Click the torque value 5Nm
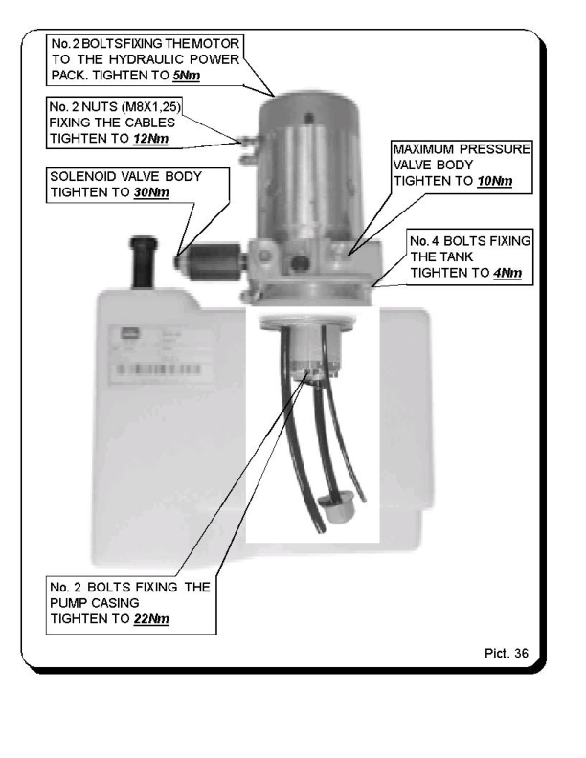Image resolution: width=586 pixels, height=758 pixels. tap(186, 76)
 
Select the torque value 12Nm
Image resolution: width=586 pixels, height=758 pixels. tap(151, 139)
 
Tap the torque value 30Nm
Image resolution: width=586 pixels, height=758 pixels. tap(151, 192)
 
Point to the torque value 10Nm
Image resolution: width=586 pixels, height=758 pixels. tap(495, 181)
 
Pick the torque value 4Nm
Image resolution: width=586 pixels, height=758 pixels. tap(507, 273)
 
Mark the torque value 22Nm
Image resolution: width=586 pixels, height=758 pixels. tap(151, 619)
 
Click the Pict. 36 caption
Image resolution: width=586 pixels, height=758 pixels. tap(507, 653)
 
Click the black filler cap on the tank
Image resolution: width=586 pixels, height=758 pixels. tap(143, 261)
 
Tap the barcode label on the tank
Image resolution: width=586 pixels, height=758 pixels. tap(158, 369)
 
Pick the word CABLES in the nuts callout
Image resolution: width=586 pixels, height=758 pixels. tap(150, 123)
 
